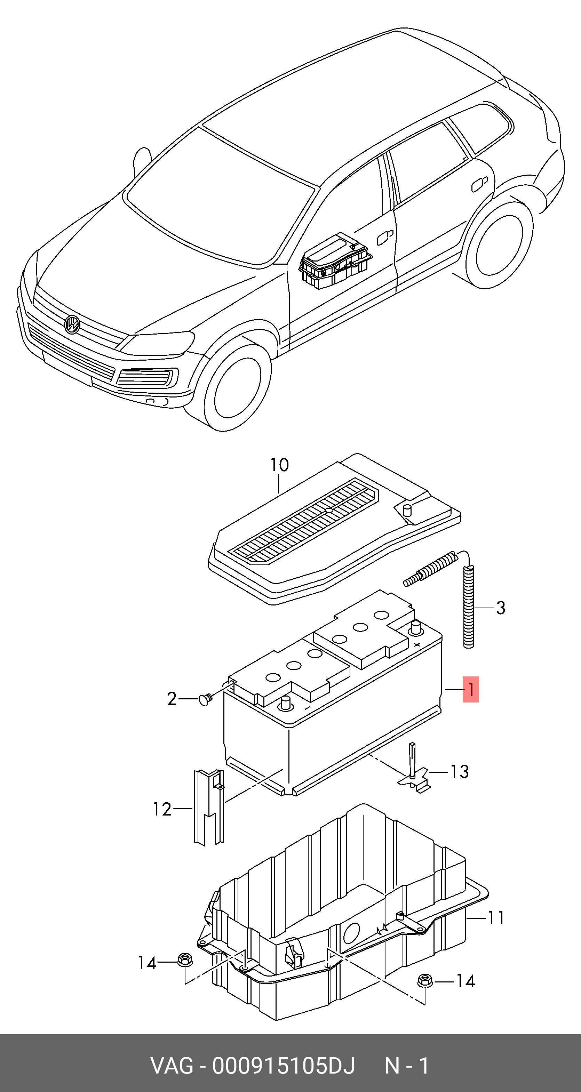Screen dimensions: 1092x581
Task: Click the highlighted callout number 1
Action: (470, 690)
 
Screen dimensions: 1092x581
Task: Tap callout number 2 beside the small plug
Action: (172, 699)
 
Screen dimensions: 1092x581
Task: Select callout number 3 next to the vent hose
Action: (500, 608)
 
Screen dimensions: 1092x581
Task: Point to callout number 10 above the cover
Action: (279, 465)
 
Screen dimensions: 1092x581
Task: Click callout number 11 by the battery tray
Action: (496, 918)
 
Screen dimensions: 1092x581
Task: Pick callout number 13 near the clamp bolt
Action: (459, 771)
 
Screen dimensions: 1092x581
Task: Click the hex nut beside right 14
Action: (424, 980)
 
